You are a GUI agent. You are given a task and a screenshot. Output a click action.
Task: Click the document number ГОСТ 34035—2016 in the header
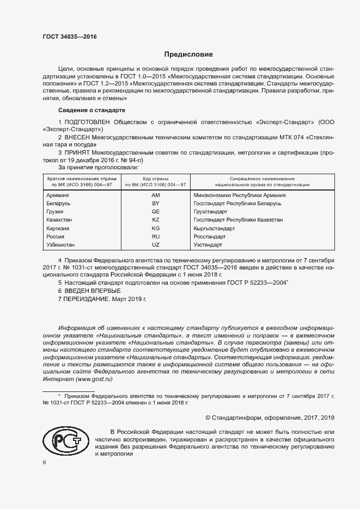click(69, 36)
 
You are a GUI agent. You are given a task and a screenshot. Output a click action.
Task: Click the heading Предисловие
click(188, 54)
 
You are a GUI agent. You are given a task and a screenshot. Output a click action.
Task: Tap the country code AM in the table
click(155, 195)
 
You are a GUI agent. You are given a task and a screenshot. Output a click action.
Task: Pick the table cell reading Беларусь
click(59, 203)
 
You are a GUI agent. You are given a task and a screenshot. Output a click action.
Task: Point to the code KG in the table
click(155, 228)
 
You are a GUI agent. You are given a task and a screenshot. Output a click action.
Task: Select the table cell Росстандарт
click(210, 237)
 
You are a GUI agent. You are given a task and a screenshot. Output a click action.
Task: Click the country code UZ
click(155, 246)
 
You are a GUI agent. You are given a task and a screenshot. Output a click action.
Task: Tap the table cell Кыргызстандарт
click(214, 228)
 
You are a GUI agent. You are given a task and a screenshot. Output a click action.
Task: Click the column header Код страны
click(155, 179)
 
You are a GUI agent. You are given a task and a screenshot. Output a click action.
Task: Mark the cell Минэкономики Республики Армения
click(240, 195)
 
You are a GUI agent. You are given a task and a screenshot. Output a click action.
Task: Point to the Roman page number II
click(45, 463)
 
